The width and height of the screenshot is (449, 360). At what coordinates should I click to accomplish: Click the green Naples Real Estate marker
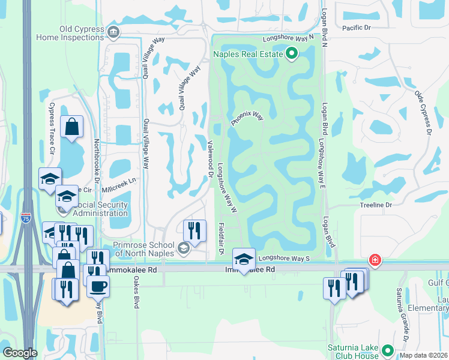(292, 55)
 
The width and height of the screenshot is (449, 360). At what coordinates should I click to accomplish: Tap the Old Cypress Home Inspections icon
(113, 31)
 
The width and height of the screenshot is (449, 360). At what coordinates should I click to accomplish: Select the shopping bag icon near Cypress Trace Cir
(71, 127)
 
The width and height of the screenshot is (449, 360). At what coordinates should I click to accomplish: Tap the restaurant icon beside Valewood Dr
(194, 231)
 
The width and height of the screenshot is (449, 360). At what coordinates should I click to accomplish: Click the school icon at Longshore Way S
(244, 259)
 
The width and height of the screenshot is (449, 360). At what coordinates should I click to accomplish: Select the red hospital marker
(375, 260)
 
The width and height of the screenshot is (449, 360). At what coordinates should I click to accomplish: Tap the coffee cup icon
(98, 286)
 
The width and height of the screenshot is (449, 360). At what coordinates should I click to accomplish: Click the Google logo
(20, 352)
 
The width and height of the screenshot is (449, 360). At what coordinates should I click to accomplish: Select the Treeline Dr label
(376, 205)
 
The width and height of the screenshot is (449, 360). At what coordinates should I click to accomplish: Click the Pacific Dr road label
(357, 28)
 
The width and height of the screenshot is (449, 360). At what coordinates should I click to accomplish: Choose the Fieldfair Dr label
(221, 238)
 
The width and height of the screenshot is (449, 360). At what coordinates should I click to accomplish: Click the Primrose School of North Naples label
(144, 249)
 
